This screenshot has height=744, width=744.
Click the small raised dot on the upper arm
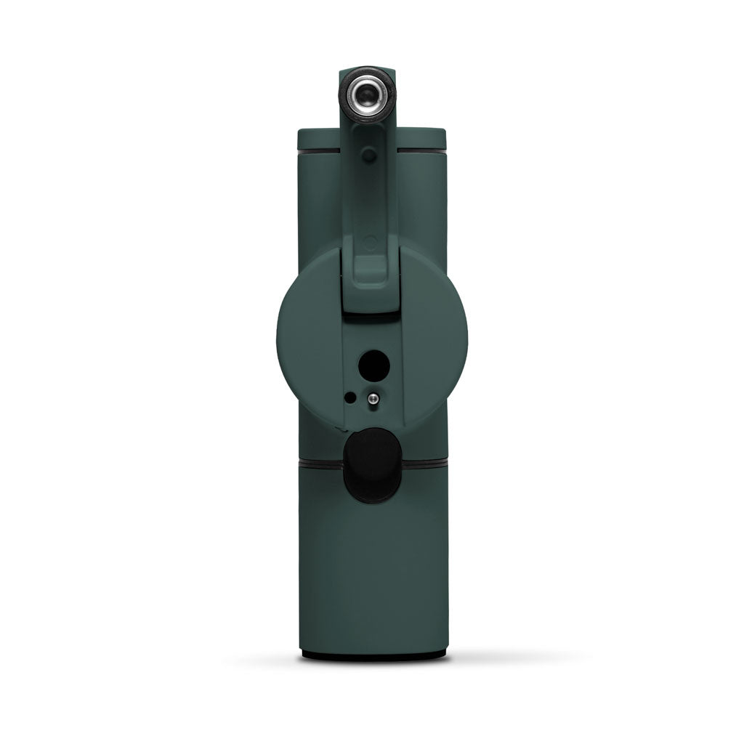click(x=370, y=155)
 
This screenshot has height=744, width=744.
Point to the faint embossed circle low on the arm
click(x=370, y=242)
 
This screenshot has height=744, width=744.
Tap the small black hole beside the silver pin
click(x=351, y=397)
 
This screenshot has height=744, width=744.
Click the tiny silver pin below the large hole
click(x=373, y=397)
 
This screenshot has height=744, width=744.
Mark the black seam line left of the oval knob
click(x=320, y=460)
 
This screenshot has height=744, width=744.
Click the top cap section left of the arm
click(x=318, y=139)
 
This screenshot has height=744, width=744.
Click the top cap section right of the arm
click(x=422, y=139)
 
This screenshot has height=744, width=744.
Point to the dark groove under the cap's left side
click(x=318, y=153)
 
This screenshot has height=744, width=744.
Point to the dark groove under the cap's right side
click(x=422, y=153)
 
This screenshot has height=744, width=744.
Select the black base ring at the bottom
click(x=372, y=655)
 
